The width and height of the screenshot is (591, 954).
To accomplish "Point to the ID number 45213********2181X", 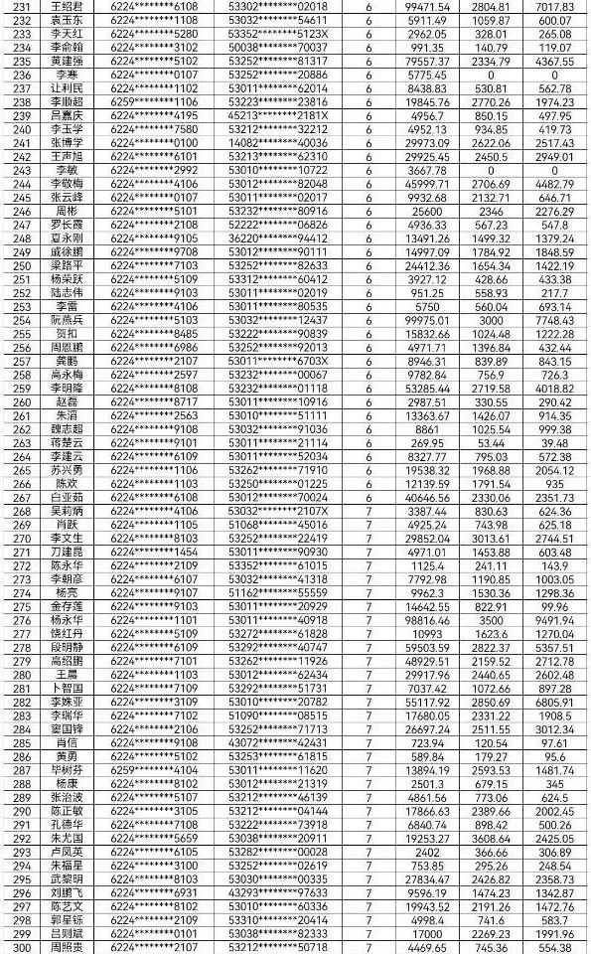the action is pyautogui.click(x=278, y=114).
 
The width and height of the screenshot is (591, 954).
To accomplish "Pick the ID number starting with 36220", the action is pyautogui.click(x=278, y=238).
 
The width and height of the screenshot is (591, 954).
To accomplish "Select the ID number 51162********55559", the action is pyautogui.click(x=278, y=591).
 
